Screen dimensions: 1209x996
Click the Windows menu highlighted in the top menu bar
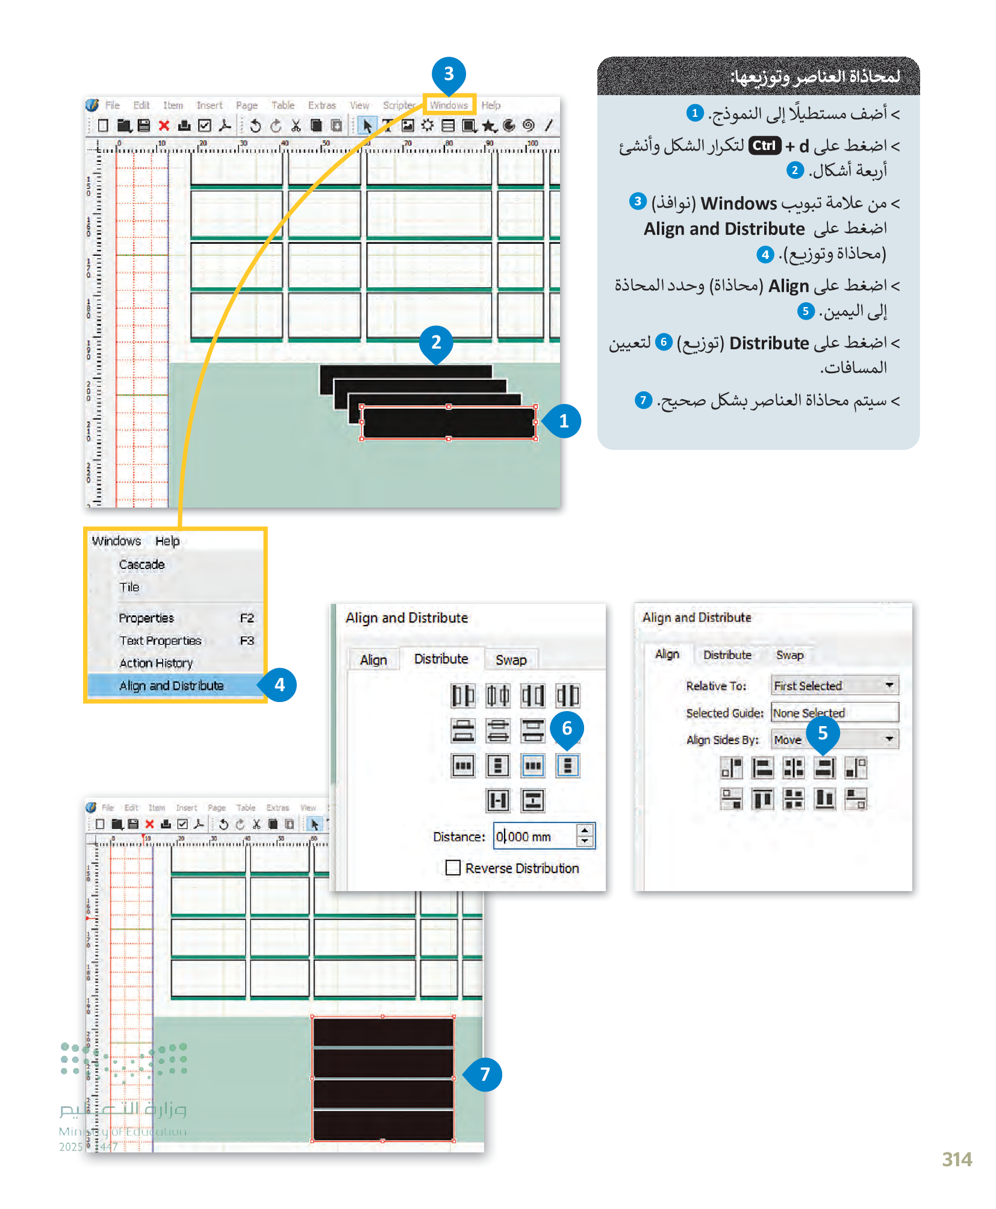tap(449, 105)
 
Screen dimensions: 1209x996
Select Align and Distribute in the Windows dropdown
tap(172, 686)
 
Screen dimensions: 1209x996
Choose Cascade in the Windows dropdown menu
tap(142, 564)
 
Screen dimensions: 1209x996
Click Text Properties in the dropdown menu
tap(160, 641)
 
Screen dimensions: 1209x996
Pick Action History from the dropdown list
tap(156, 663)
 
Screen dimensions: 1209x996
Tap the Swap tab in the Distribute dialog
tap(511, 660)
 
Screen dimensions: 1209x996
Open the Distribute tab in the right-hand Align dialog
tap(727, 654)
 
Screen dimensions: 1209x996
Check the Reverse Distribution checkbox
tap(453, 868)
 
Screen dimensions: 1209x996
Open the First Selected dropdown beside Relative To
tap(834, 685)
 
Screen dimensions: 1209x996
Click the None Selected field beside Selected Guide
tap(834, 712)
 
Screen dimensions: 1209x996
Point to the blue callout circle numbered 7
tap(485, 1074)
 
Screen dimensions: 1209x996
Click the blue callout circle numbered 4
tap(279, 685)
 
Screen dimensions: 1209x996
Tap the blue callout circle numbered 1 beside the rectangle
tap(564, 421)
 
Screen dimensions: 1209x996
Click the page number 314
tap(956, 1159)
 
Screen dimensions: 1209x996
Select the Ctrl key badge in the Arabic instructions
tap(764, 146)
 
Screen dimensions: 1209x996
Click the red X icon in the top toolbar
tap(163, 125)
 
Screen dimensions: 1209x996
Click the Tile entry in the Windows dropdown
tap(129, 587)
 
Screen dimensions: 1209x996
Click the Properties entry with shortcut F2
tap(146, 618)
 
